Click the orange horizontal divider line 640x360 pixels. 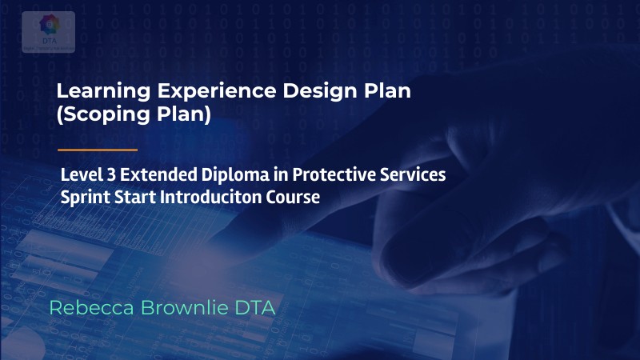(98, 150)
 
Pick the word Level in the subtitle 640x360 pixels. (80, 174)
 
